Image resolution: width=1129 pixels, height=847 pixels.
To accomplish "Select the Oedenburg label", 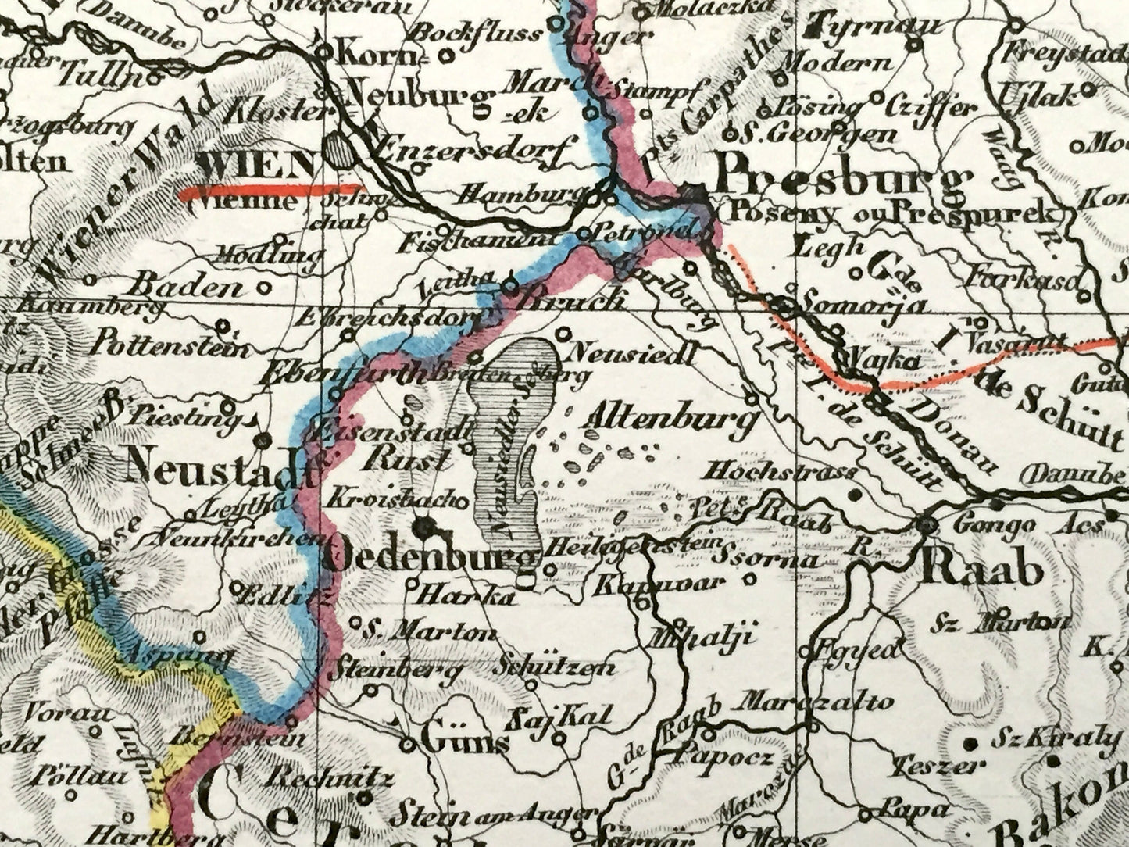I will point(431,558).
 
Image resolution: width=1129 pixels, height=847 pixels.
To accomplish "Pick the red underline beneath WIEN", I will point(270,191).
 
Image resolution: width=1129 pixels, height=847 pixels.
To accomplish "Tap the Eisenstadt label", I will point(393,427).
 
